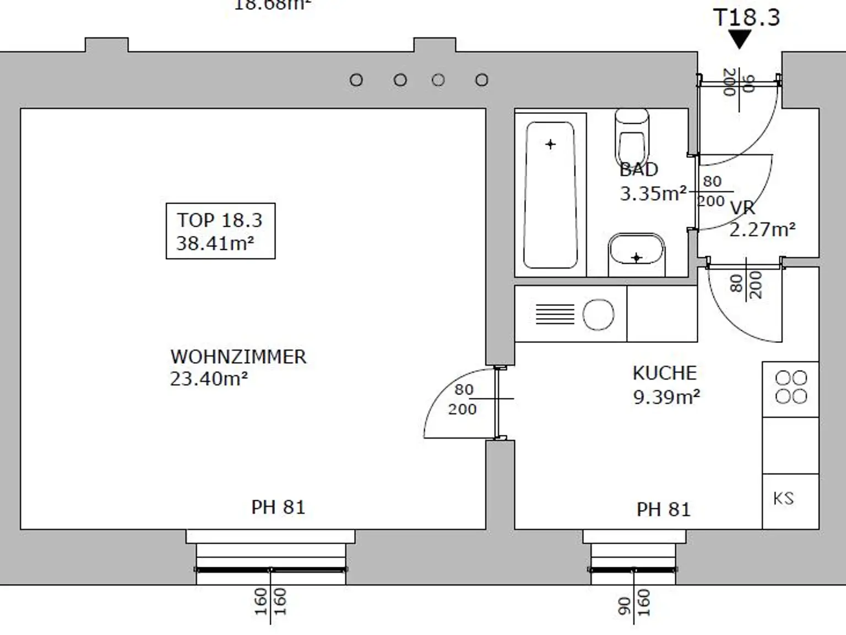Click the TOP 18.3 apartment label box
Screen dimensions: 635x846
point(220,231)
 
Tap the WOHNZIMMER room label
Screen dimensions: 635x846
point(238,357)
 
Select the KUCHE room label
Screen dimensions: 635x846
point(664,374)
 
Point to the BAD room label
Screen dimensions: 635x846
point(639,169)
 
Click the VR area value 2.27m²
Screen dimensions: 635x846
point(762,229)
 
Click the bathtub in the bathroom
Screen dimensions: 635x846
point(550,195)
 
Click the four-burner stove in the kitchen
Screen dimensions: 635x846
point(791,387)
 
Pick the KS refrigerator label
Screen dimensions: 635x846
point(783,499)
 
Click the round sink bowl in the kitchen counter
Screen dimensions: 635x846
point(598,315)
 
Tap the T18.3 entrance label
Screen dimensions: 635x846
point(746,18)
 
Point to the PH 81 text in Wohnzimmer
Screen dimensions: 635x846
point(278,507)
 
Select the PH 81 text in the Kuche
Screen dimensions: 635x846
point(663,510)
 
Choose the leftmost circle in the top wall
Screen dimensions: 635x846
point(356,80)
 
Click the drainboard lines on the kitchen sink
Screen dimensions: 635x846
point(555,315)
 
